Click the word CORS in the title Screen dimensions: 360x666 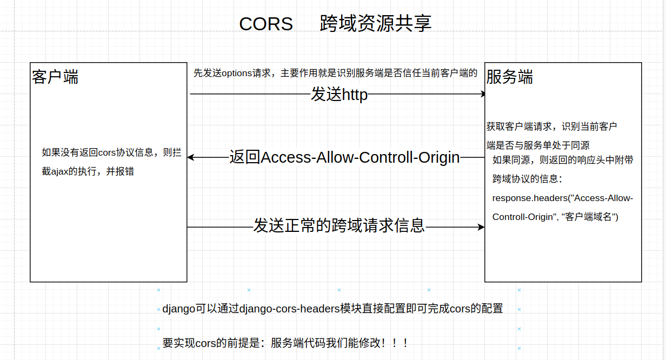(x=266, y=24)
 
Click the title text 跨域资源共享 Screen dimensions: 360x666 (x=376, y=24)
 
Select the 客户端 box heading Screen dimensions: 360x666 (x=55, y=77)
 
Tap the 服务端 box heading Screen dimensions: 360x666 (x=510, y=77)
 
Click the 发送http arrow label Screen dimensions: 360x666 (x=339, y=95)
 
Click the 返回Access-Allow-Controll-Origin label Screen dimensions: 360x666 (x=344, y=157)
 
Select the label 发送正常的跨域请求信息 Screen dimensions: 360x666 (x=339, y=225)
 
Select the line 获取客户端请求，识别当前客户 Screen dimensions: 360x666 (x=551, y=126)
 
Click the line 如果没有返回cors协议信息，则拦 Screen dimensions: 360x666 (x=111, y=152)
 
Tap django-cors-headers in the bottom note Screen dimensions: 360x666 (x=289, y=309)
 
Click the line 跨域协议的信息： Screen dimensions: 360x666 (x=527, y=178)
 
